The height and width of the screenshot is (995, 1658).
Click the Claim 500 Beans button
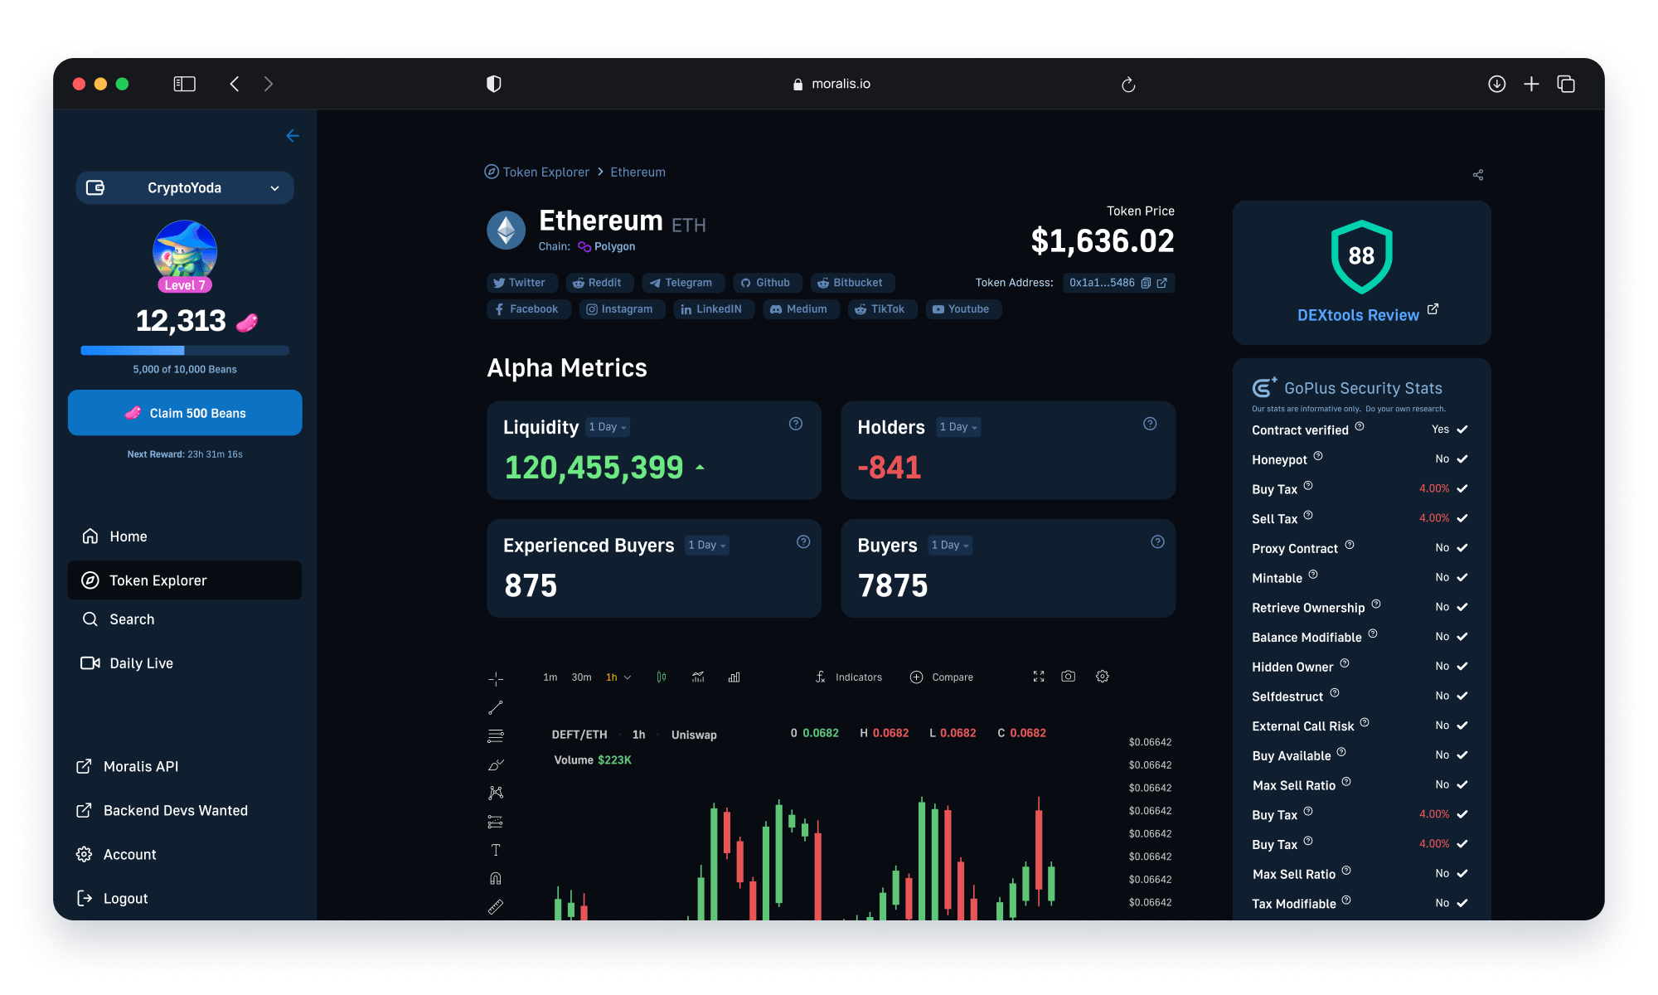point(185,413)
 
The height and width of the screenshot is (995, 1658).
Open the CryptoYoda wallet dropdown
point(185,188)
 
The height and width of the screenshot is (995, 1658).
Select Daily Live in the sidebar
point(141,663)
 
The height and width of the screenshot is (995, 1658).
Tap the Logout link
point(124,898)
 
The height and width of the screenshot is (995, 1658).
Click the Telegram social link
point(681,283)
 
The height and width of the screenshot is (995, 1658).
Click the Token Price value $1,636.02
point(1102,241)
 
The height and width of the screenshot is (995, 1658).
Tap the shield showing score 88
point(1361,256)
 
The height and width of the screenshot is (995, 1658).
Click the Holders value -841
point(890,468)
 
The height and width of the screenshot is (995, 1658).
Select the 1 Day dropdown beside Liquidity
point(608,427)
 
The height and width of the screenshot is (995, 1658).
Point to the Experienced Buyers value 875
point(531,586)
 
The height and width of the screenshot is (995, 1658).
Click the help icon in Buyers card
point(1157,542)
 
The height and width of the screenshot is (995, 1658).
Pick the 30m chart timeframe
point(581,677)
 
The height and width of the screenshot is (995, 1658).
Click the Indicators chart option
point(849,677)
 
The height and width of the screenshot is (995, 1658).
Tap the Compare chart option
point(942,677)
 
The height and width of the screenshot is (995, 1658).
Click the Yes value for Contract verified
point(1440,430)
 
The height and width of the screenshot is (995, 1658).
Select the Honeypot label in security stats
point(1279,459)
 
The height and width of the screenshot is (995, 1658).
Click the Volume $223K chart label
point(592,760)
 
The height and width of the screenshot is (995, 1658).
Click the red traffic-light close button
point(80,84)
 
